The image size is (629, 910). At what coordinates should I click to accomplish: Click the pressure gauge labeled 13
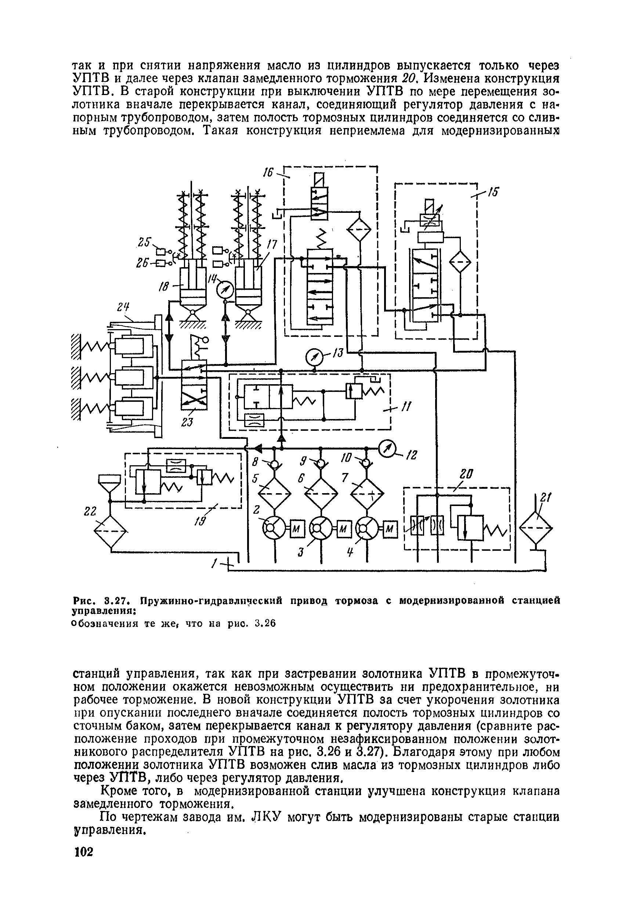[x=314, y=357]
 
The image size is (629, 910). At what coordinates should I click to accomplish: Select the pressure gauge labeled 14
[x=225, y=291]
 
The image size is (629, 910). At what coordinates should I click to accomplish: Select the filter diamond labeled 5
[x=275, y=492]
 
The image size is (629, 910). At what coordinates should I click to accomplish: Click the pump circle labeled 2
[x=275, y=528]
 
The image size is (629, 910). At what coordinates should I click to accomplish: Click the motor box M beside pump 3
[x=343, y=528]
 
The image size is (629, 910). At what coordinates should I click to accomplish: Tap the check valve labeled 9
[x=321, y=464]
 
